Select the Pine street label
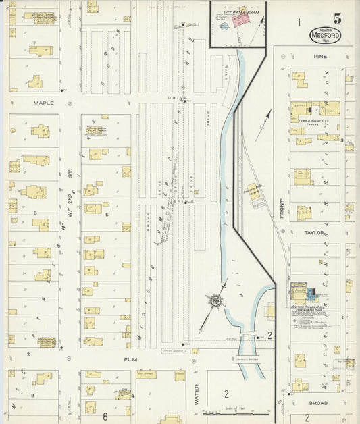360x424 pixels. (x=320, y=57)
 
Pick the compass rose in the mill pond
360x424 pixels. (x=214, y=300)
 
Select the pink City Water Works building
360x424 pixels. (x=240, y=20)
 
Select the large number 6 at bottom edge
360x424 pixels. (x=105, y=408)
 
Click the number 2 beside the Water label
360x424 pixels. (x=227, y=393)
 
